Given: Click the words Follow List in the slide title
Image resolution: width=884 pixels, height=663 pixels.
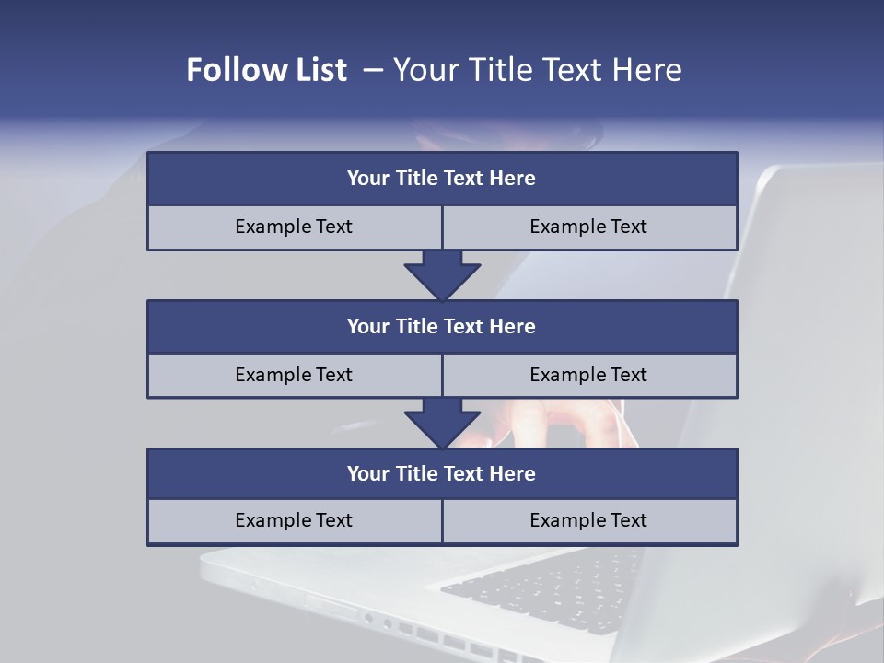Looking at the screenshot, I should pyautogui.click(x=266, y=70).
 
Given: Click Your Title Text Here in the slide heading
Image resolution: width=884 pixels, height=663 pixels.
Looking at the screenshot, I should pyautogui.click(x=537, y=70).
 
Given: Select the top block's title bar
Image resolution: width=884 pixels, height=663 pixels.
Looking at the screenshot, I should pyautogui.click(x=442, y=178).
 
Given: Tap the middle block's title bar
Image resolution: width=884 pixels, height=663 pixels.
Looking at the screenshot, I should pyautogui.click(x=442, y=326).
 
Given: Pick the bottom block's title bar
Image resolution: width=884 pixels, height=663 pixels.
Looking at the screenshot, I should pyautogui.click(x=442, y=473).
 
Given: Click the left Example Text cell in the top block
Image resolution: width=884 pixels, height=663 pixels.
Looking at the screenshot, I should pyautogui.click(x=294, y=227).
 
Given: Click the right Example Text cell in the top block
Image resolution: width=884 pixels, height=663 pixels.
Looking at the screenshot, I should pyautogui.click(x=588, y=227).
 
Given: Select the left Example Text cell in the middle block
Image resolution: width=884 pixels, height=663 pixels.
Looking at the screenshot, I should pyautogui.click(x=294, y=375).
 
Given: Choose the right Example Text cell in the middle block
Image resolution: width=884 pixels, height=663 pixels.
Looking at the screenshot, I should pyautogui.click(x=588, y=375).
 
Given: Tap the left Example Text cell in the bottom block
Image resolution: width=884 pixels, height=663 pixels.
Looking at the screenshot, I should pyautogui.click(x=294, y=520).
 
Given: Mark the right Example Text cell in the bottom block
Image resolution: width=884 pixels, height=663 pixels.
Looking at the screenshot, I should pyautogui.click(x=588, y=520).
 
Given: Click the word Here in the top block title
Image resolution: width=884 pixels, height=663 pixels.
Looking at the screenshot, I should pyautogui.click(x=513, y=178).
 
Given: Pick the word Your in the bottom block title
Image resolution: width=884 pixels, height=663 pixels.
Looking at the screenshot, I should pyautogui.click(x=368, y=473).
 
